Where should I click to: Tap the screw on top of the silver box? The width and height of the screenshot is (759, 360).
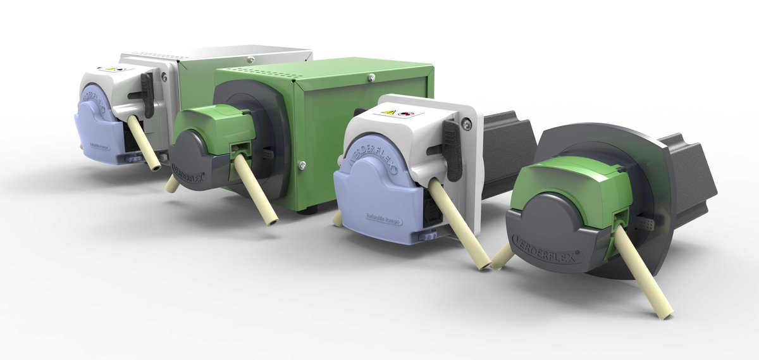pyautogui.click(x=251, y=59)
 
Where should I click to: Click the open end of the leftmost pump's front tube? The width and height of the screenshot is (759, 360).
pyautogui.click(x=154, y=168)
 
